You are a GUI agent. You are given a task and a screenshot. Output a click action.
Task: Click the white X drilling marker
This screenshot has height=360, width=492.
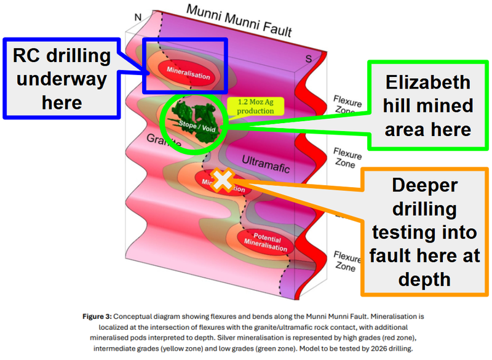click(x=223, y=179)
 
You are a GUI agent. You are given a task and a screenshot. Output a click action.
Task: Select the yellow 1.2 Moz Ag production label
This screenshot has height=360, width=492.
click(x=250, y=106)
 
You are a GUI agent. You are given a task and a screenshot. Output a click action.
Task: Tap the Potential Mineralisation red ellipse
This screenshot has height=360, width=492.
click(x=267, y=243)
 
